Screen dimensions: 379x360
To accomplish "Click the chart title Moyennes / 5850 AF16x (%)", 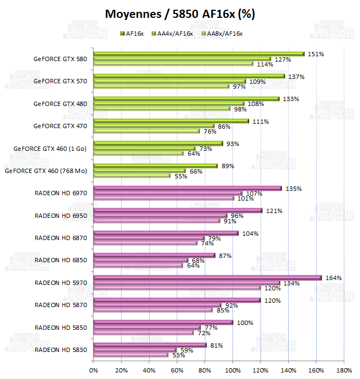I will (x=180, y=14).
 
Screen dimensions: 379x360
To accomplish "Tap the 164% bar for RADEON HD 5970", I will (x=208, y=278).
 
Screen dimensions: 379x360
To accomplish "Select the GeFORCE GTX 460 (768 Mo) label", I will (x=46, y=171).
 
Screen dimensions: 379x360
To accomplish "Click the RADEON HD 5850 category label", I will (x=61, y=328).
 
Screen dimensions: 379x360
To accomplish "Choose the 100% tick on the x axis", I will (x=232, y=370).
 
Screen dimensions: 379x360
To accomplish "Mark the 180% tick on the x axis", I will (x=344, y=370).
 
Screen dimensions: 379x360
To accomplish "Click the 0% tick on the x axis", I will (x=94, y=370).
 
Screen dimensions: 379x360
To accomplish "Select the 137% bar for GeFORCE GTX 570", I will (x=189, y=76).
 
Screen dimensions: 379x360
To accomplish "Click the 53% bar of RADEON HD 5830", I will (x=131, y=355).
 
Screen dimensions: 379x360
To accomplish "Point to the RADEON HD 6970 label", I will (x=61, y=193).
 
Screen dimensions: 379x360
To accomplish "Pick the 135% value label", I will (x=292, y=189).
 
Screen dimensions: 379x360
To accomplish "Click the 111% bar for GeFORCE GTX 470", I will (x=171, y=121).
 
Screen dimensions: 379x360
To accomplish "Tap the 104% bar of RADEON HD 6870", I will (x=166, y=233).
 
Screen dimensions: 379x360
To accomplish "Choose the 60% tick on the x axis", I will (x=177, y=370).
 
